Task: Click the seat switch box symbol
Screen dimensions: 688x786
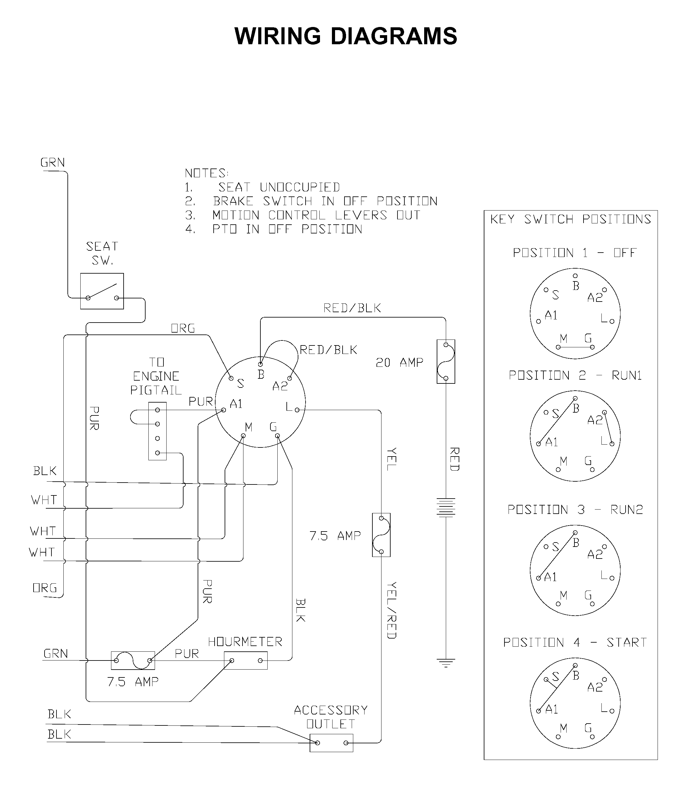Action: point(102,291)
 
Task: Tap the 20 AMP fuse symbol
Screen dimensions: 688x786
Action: point(446,361)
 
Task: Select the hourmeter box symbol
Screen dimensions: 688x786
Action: point(246,660)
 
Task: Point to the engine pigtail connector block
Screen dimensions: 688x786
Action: point(157,431)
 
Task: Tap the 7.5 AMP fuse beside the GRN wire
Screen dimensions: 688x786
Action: point(133,660)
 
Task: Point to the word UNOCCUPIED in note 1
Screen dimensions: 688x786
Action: point(300,187)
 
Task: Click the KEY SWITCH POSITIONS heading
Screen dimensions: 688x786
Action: point(571,219)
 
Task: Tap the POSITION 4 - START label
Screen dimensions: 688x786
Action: point(575,642)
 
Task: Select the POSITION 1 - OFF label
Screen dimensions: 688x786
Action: point(575,253)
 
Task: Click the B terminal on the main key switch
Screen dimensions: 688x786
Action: point(260,364)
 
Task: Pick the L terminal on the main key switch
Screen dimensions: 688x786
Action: point(297,410)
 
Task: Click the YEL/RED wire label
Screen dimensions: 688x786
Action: point(392,610)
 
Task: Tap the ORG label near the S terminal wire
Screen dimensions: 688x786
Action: point(183,328)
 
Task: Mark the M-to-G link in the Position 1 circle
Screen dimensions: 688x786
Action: point(575,347)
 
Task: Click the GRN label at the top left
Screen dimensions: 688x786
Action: point(53,163)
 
